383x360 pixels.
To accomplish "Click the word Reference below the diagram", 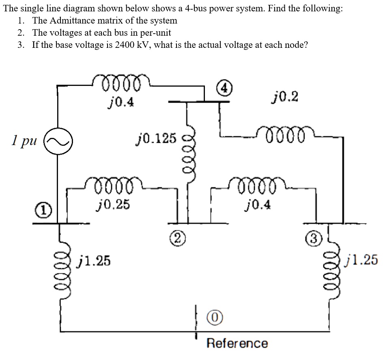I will tap(237, 343).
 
